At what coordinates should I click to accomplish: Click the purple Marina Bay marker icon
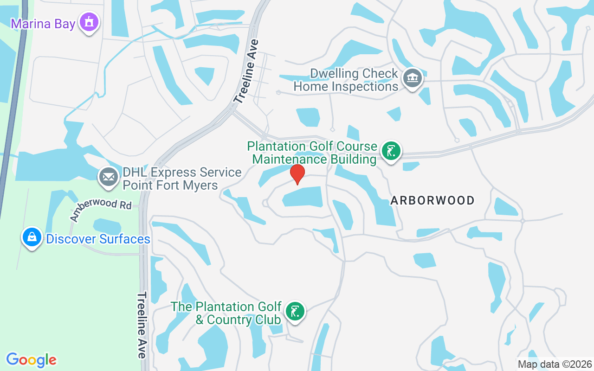tap(89, 22)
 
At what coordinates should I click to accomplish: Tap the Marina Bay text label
tap(43, 24)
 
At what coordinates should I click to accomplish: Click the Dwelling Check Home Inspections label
tap(346, 80)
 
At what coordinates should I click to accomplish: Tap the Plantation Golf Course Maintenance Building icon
tap(391, 151)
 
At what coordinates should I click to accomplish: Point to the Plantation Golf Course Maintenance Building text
tap(312, 153)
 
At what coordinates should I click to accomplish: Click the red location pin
tap(297, 174)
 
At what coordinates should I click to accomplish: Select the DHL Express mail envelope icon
tap(109, 178)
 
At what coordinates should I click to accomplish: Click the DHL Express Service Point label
tap(181, 179)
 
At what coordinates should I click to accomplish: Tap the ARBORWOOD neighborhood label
tap(433, 200)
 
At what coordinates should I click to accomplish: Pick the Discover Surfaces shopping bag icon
tap(32, 237)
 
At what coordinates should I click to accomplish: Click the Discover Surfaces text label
tap(98, 239)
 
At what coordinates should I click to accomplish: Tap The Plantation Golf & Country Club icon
tap(294, 311)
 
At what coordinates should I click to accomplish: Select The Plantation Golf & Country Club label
tap(226, 313)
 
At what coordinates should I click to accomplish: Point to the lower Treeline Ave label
tap(142, 325)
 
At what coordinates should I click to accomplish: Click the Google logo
tap(32, 360)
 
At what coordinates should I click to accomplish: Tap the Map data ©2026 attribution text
tap(555, 364)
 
